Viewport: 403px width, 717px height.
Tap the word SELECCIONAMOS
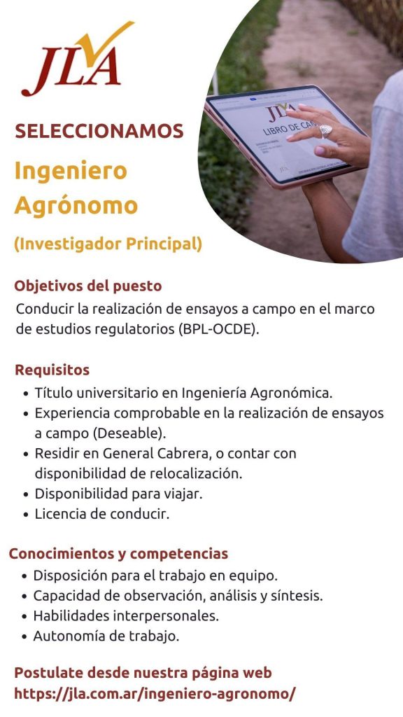click(x=99, y=132)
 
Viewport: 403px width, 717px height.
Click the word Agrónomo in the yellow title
click(x=76, y=206)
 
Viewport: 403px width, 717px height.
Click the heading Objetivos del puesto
click(x=88, y=286)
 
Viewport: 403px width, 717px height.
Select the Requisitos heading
click(x=52, y=370)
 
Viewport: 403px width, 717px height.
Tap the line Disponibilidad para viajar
click(x=118, y=494)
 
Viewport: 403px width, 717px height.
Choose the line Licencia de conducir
click(x=102, y=515)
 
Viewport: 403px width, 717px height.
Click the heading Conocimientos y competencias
click(x=119, y=554)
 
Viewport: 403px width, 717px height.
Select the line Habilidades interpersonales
click(x=126, y=616)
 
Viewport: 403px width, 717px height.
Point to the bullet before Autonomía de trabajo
click(x=25, y=636)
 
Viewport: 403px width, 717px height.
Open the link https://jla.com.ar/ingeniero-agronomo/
click(x=155, y=694)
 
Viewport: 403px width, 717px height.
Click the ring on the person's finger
click(x=326, y=130)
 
